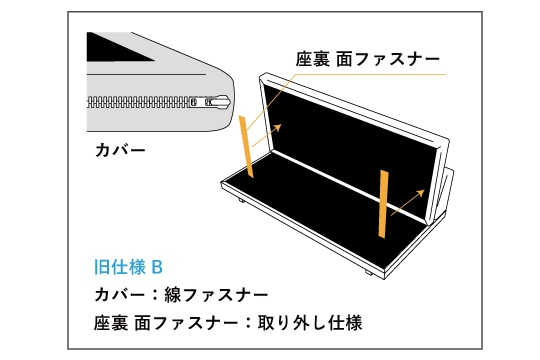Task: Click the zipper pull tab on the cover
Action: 218,102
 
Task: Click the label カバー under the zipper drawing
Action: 120,150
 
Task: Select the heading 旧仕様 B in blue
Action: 128,267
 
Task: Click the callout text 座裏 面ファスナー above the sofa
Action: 367,59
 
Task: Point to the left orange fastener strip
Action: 247,147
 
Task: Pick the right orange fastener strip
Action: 383,204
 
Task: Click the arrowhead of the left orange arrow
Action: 278,127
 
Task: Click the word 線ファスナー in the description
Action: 216,295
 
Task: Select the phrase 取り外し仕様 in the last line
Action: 310,323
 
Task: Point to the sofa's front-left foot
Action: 240,201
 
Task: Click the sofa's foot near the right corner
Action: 368,272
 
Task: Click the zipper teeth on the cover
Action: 138,102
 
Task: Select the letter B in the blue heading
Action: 157,267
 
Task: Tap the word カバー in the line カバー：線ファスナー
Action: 120,295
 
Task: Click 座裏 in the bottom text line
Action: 111,323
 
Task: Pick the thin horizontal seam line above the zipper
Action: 146,74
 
